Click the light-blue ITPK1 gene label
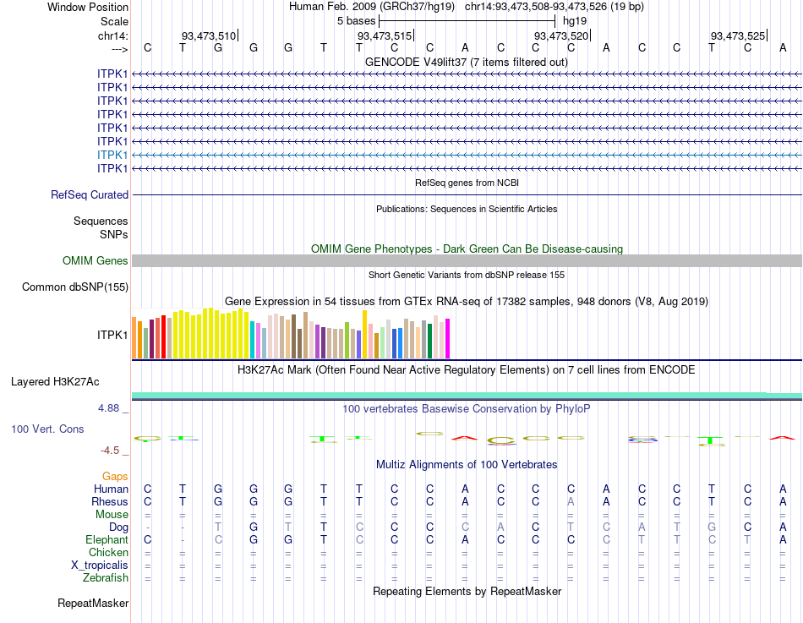click(x=112, y=155)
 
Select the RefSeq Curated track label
click(x=90, y=194)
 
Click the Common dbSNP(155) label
click(x=74, y=287)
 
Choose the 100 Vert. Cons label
click(x=47, y=429)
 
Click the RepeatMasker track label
click(x=93, y=603)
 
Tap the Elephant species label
click(x=107, y=539)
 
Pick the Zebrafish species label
click(x=106, y=578)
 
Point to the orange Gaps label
click(x=115, y=477)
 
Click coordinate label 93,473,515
click(x=385, y=36)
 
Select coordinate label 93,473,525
click(x=738, y=36)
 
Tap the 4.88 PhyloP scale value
click(x=111, y=407)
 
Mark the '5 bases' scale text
click(x=356, y=20)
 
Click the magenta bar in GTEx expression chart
click(x=447, y=338)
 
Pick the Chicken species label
click(x=108, y=552)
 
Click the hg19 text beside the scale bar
click(x=575, y=20)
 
